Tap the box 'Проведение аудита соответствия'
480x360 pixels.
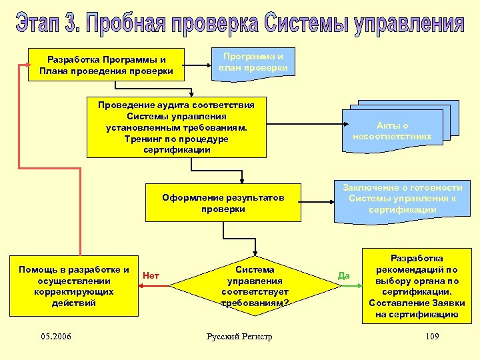click(x=176, y=127)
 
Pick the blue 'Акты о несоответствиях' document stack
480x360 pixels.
click(x=393, y=130)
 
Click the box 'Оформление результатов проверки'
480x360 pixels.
click(x=223, y=203)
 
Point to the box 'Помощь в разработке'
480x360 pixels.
click(x=74, y=286)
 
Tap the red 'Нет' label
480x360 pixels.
click(x=151, y=275)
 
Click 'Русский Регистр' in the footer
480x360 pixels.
click(x=240, y=337)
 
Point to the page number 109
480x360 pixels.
click(x=431, y=336)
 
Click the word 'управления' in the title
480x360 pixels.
click(x=409, y=25)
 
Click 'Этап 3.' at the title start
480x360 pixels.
click(x=46, y=25)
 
